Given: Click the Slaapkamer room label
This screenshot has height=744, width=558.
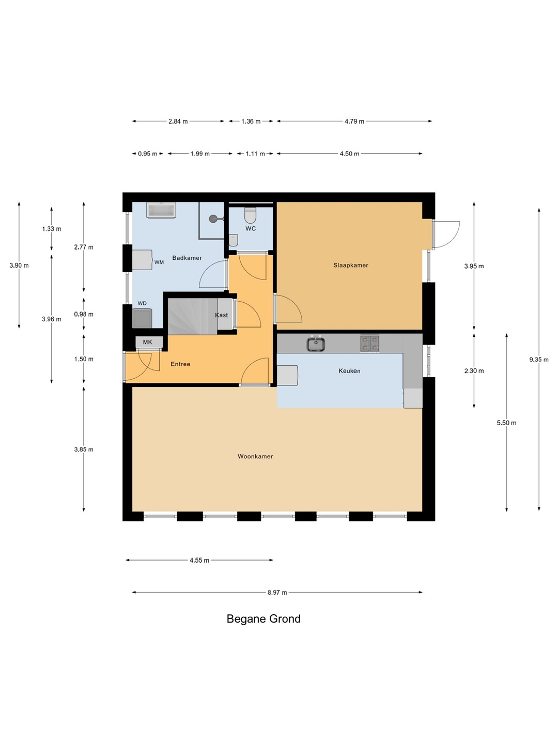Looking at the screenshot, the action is coord(350,265).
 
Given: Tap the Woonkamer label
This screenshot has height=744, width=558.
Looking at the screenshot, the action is coord(255,456).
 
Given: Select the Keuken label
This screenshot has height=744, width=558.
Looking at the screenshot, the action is coord(349,371).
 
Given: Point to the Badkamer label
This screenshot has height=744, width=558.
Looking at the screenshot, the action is coord(187,258).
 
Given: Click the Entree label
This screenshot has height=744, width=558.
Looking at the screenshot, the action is coord(180,364).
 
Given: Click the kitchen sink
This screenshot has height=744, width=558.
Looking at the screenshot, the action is coord(316,344).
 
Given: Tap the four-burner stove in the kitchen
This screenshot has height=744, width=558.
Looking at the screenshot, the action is coord(369,344).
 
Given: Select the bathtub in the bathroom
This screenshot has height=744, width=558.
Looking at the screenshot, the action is coord(161,210).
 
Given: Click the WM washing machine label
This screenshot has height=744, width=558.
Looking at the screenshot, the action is coord(159,262).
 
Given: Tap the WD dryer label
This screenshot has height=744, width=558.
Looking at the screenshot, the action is coord(142,303).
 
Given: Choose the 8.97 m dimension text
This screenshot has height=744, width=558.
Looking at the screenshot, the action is coord(277,593).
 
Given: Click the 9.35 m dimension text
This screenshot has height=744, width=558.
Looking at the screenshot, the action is coord(539,359).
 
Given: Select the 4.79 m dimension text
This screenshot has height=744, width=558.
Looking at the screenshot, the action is coord(354,121).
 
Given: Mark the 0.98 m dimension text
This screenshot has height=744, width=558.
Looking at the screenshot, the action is coord(84,314).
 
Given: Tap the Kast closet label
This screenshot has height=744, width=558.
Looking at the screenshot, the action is coord(221,315).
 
